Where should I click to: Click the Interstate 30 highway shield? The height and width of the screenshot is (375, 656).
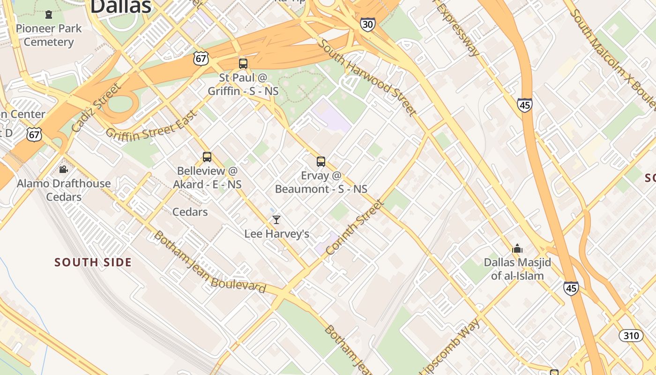pos(368,24)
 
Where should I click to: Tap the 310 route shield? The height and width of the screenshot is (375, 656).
pos(631,336)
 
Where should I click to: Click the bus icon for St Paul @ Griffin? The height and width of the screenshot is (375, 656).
pos(243,64)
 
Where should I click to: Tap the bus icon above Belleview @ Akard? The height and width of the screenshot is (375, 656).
pos(207,157)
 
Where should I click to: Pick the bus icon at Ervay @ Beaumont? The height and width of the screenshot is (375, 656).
pos(321,162)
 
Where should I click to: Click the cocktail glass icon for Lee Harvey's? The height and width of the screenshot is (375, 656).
pos(276,220)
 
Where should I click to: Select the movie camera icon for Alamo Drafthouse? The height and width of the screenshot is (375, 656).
pos(64,170)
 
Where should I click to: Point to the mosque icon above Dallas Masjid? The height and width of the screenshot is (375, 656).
pos(517,248)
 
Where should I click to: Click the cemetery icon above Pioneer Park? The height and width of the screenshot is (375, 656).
pos(49,15)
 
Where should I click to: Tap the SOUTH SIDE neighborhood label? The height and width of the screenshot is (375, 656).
pos(93,262)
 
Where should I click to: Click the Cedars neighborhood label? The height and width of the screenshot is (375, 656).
pos(190,212)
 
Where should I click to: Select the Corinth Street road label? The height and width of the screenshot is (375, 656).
pos(355,228)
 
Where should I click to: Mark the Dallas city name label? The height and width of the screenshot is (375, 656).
pos(121,7)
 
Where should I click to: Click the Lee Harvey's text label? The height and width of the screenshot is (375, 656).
pos(276,233)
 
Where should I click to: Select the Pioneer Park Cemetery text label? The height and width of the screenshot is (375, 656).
pos(49,35)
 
